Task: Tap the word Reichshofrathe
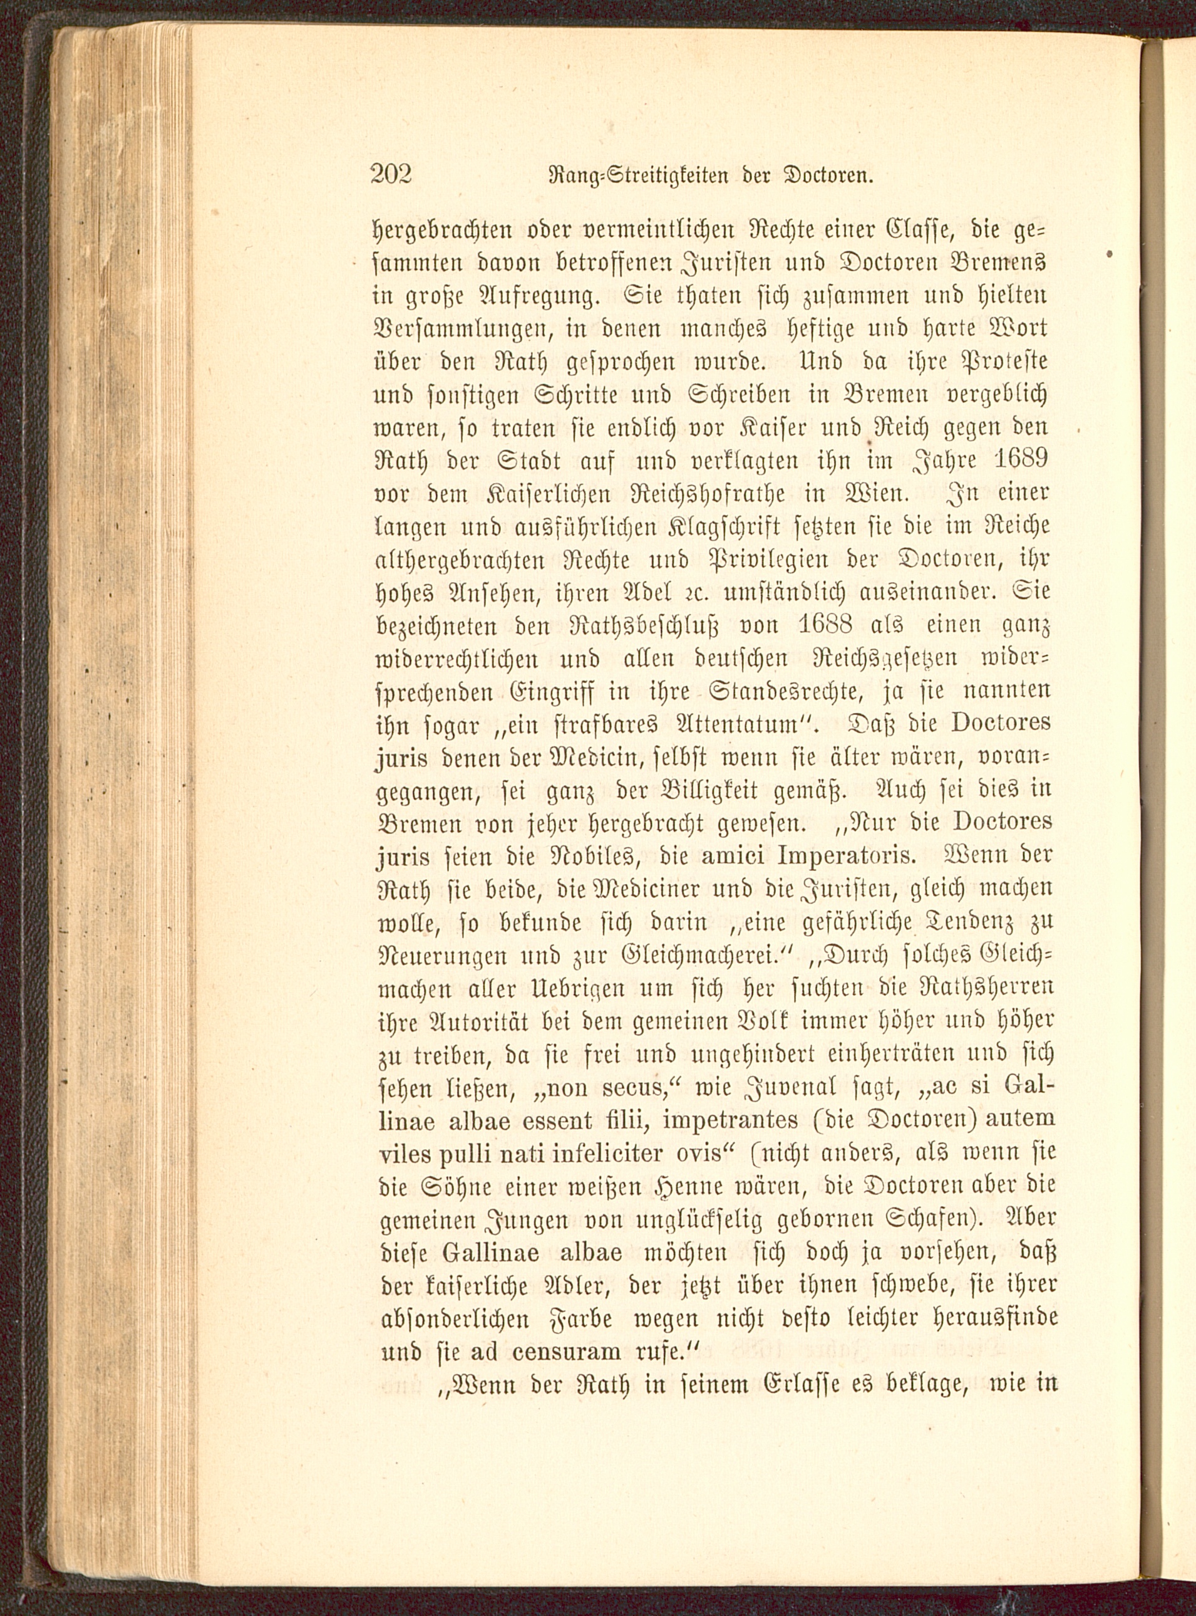[736, 496]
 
